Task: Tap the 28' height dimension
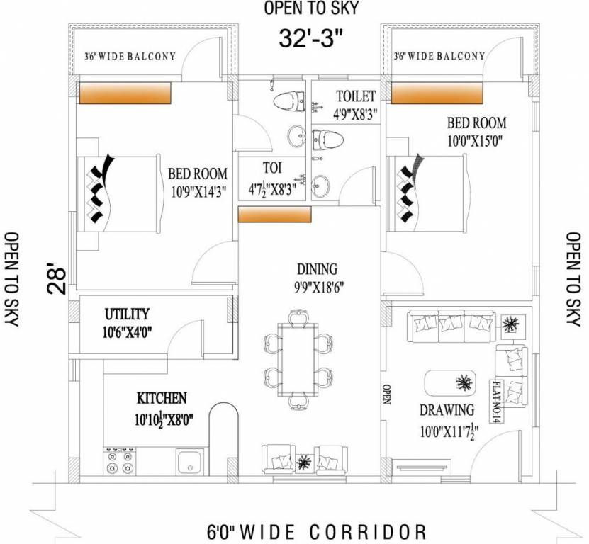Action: [57, 276]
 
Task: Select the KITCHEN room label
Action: [162, 398]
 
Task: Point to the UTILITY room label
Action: [127, 314]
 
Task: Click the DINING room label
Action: [317, 270]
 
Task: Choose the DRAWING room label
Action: [447, 410]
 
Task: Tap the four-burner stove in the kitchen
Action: [119, 461]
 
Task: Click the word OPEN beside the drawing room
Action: [387, 393]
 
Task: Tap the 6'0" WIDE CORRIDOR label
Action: [316, 531]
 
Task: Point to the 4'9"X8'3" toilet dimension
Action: [357, 113]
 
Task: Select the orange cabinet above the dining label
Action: [274, 214]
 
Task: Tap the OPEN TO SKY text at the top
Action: [312, 8]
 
